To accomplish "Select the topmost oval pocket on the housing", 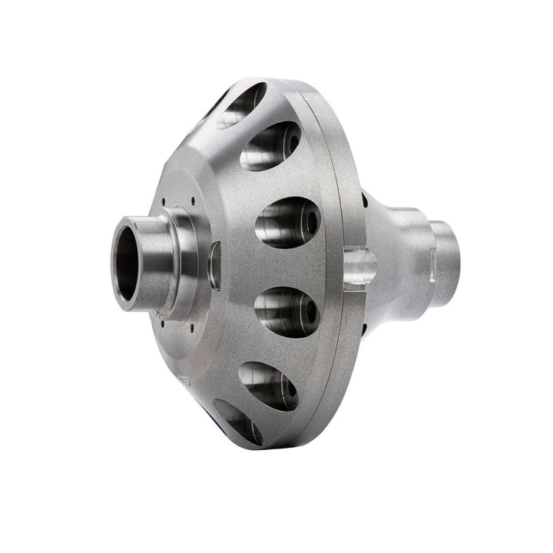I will tap(240, 104).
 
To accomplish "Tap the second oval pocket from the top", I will tap(270, 146).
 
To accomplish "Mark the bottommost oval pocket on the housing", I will tap(238, 422).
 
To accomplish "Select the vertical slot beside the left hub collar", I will tap(214, 265).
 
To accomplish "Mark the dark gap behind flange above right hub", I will tap(366, 204).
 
